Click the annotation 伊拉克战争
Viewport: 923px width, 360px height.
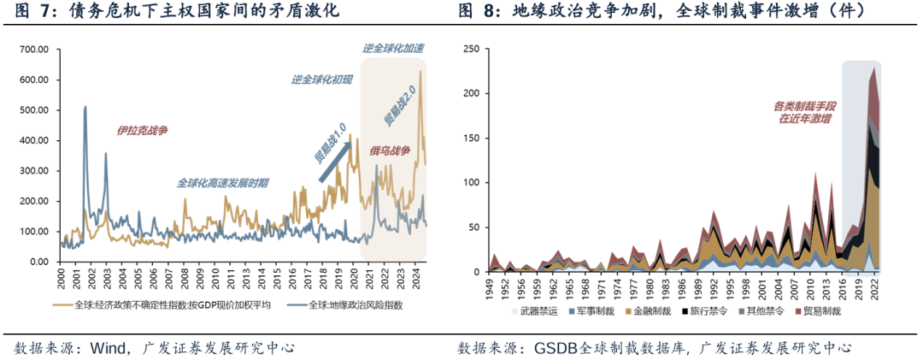click(143, 130)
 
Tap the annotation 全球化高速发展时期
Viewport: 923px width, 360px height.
click(223, 183)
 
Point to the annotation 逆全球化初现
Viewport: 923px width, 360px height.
click(321, 80)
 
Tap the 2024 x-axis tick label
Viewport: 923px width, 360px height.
click(414, 279)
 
